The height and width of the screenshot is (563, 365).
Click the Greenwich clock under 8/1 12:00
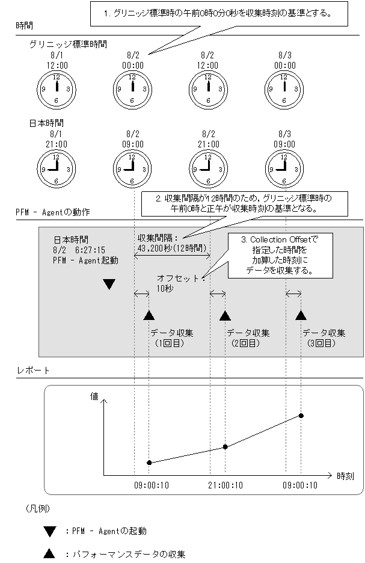(x=56, y=88)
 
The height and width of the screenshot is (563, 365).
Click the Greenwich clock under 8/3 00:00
(x=284, y=88)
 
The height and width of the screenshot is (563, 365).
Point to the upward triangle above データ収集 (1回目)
(x=149, y=315)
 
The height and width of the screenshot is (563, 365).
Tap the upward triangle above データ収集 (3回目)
(x=301, y=315)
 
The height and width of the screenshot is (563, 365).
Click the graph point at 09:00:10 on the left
(x=149, y=463)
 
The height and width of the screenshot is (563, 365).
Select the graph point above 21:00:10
(x=225, y=446)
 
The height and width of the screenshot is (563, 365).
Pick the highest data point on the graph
(x=301, y=416)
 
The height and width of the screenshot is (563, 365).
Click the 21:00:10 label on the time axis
(x=225, y=485)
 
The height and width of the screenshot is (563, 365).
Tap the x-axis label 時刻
(x=345, y=475)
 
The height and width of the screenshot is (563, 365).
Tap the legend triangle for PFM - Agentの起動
(x=49, y=531)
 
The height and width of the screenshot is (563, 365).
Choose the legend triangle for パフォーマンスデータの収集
(x=49, y=554)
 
